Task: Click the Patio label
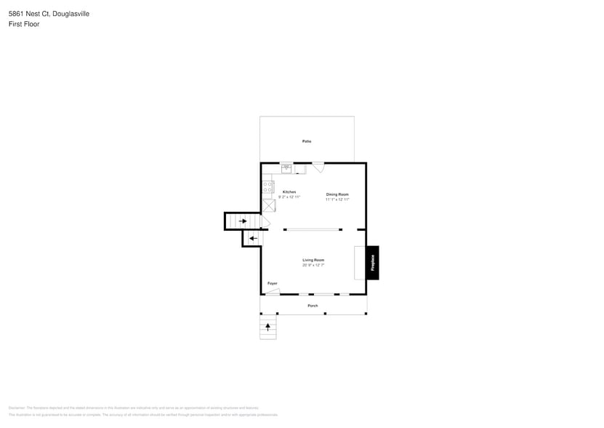tap(307, 140)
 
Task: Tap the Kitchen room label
tap(289, 192)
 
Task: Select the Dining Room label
tap(337, 194)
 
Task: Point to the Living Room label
tap(313, 260)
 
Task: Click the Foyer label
tap(272, 283)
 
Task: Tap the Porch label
tap(313, 306)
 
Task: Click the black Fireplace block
tap(372, 263)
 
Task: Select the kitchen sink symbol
tap(286, 168)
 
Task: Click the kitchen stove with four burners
tap(268, 188)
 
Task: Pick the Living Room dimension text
tap(313, 265)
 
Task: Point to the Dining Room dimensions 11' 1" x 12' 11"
tap(337, 199)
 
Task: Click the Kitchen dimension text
tap(289, 197)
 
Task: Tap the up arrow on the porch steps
tap(268, 327)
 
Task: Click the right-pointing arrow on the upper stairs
tap(243, 221)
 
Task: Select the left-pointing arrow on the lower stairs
tap(253, 238)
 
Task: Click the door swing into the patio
tap(318, 168)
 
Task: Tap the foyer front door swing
tap(273, 291)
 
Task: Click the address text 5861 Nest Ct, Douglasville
tap(40, 14)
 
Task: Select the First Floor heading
tap(24, 24)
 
